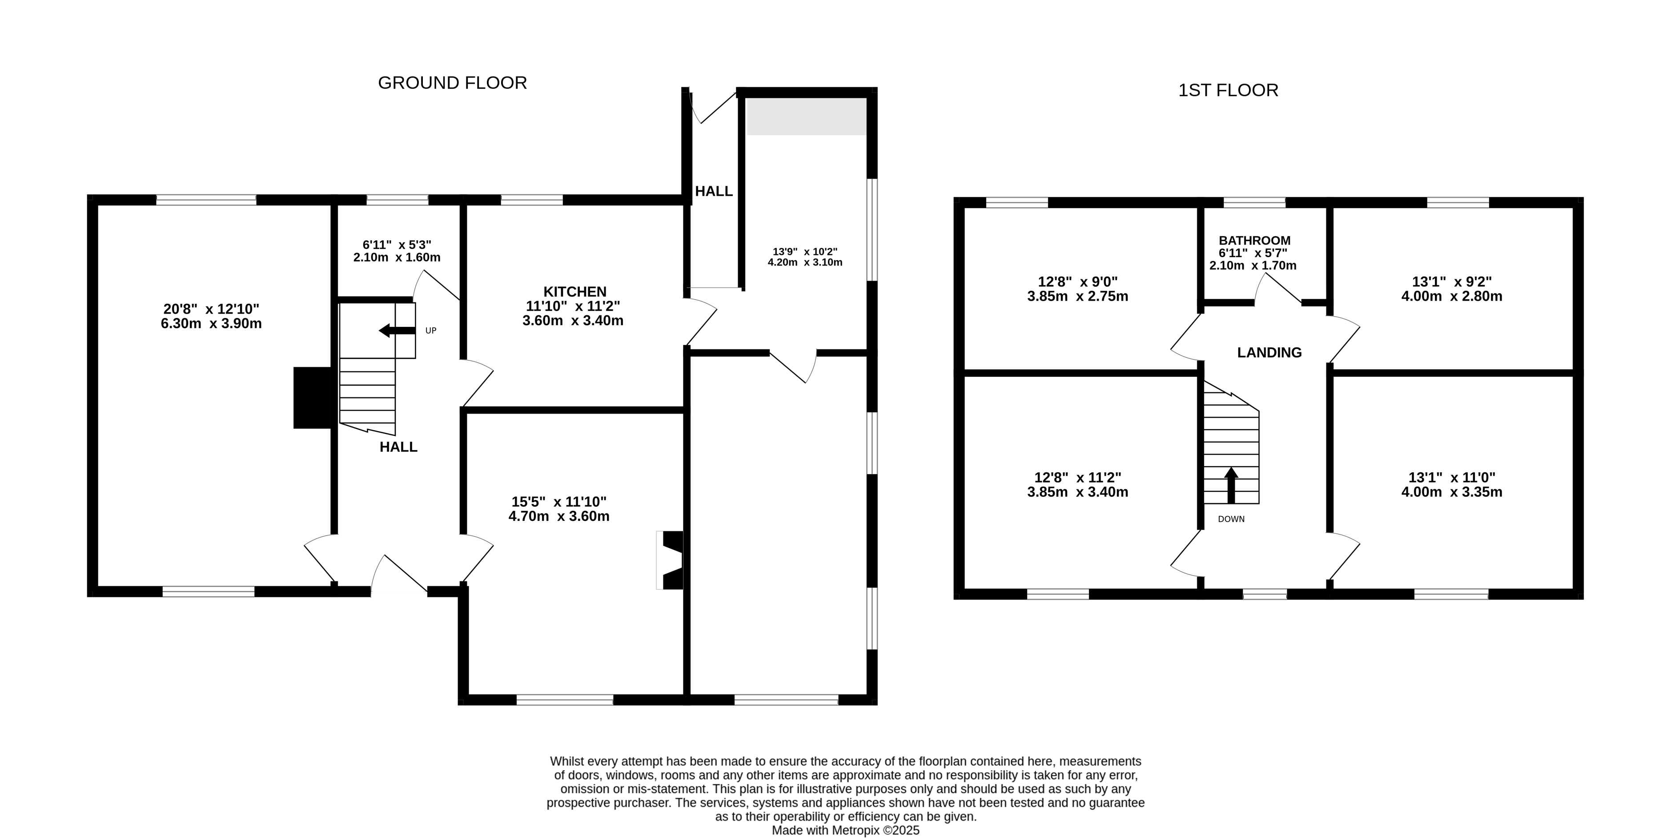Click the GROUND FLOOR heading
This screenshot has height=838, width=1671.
click(x=452, y=83)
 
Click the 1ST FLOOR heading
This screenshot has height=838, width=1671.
click(x=1228, y=90)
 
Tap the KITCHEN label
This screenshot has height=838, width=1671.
click(x=575, y=292)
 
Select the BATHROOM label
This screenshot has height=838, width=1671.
click(x=1254, y=241)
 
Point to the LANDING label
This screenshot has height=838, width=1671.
click(x=1269, y=352)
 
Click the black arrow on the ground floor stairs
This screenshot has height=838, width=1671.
click(x=397, y=331)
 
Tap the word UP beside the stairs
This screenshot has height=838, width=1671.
click(x=431, y=331)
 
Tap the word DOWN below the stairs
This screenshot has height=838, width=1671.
click(x=1231, y=519)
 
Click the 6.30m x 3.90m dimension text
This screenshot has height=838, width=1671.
click(x=212, y=324)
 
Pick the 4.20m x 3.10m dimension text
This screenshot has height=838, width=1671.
click(x=805, y=263)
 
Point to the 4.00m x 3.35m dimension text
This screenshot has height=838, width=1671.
click(x=1452, y=492)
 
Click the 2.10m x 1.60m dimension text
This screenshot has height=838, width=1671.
click(x=397, y=258)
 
